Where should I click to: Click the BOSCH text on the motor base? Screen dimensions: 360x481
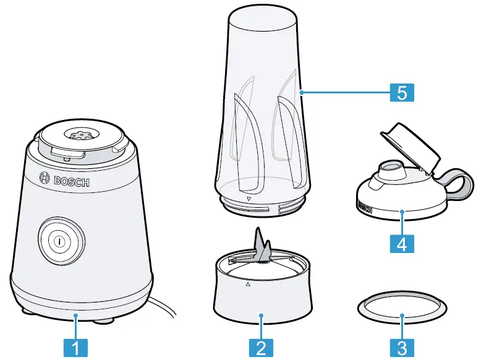click(72, 181)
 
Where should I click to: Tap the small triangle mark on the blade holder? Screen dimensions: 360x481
click(248, 285)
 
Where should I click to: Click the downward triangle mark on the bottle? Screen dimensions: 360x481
click(248, 200)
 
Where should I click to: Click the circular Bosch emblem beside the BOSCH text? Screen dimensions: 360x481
click(44, 178)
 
